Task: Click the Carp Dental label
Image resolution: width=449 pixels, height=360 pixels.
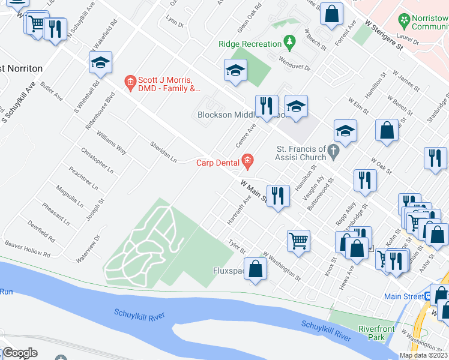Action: (x=218, y=161)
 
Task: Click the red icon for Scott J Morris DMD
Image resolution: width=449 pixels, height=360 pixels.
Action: (x=129, y=83)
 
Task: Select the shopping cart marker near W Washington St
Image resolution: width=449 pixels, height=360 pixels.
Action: (x=298, y=241)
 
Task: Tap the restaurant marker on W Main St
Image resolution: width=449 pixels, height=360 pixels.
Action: (x=277, y=196)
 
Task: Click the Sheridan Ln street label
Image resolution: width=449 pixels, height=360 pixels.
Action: (x=163, y=152)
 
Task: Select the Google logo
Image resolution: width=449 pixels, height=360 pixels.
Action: (x=20, y=353)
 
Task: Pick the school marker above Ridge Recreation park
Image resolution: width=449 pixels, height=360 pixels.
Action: (x=236, y=71)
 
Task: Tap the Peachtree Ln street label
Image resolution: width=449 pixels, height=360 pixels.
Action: (x=82, y=178)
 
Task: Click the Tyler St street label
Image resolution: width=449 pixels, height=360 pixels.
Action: (x=237, y=247)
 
